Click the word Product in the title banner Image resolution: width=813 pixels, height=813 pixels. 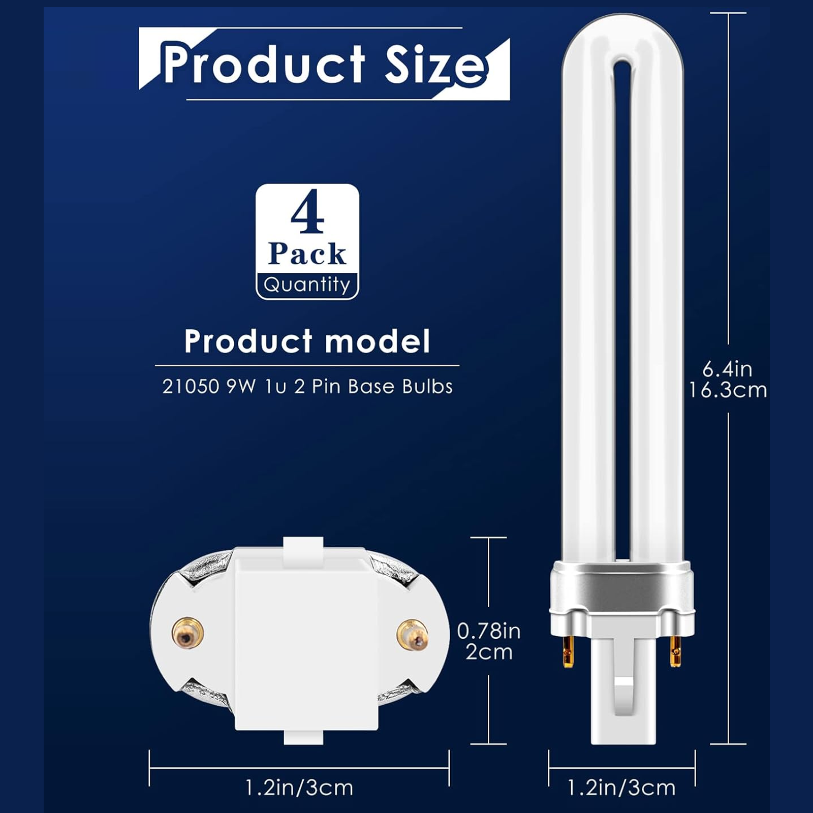tap(263, 65)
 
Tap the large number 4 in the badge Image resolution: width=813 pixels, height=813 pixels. tap(307, 212)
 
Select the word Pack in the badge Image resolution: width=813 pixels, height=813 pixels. tap(307, 254)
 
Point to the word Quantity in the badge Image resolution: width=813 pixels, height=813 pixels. tap(307, 285)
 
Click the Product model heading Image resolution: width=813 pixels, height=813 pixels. tap(307, 341)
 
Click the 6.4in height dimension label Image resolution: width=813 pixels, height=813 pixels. tap(727, 369)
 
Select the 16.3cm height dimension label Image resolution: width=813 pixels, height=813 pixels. tap(728, 390)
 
